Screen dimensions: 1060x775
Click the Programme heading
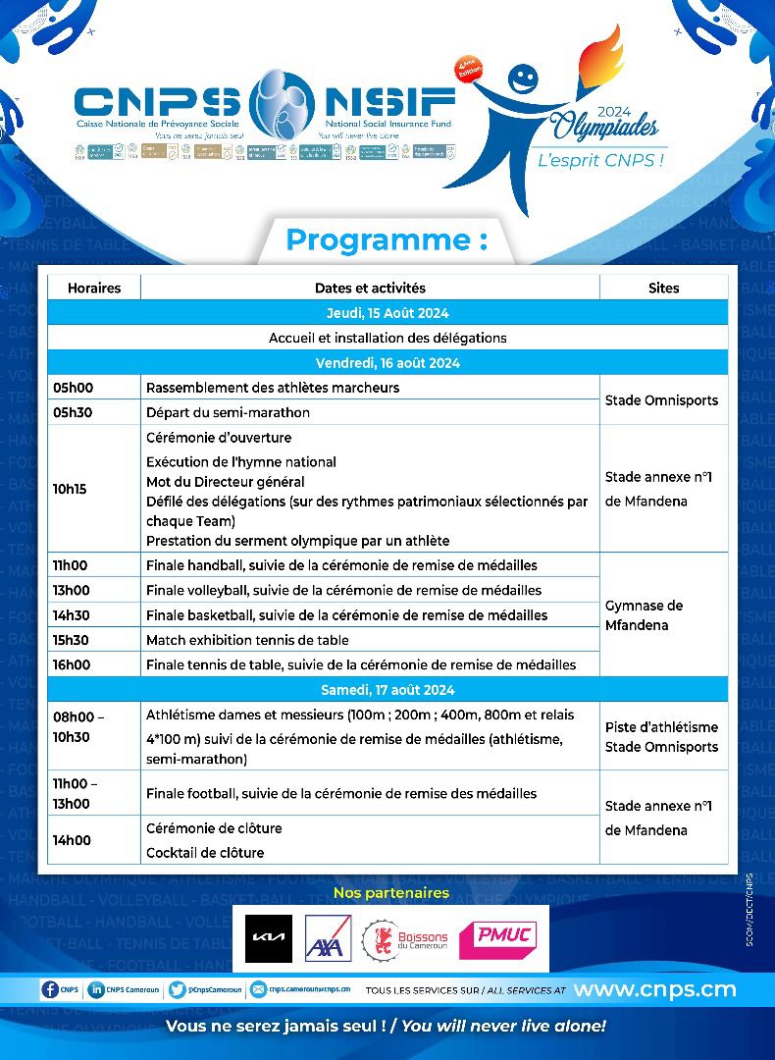coord(386,240)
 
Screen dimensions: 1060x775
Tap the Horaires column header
coord(94,288)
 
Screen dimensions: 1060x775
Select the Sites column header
coord(663,288)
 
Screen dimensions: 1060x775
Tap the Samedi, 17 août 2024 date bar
coord(387,690)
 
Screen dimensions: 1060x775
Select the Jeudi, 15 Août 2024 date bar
coord(387,313)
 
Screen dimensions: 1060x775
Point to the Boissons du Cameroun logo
coord(403,939)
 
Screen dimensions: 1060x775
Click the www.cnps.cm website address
coord(654,989)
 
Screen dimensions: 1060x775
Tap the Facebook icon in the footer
coord(49,989)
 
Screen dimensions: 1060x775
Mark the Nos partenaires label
coord(390,893)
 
